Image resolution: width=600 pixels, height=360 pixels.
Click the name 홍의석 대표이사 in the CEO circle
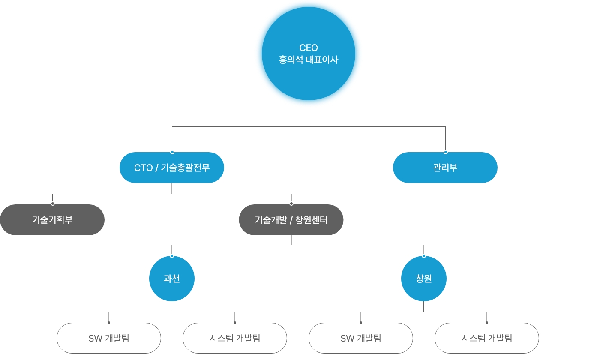(x=309, y=60)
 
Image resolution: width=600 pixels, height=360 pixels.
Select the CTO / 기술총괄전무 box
(x=172, y=168)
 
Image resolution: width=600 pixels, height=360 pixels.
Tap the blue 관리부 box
(x=445, y=168)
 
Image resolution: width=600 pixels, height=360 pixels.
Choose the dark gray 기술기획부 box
(x=52, y=220)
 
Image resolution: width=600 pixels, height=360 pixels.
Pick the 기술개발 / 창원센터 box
(x=291, y=220)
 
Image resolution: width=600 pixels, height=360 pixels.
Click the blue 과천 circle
(x=172, y=279)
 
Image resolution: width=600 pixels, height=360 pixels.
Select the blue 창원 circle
(x=424, y=279)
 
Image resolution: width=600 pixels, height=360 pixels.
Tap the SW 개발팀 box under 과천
(x=109, y=338)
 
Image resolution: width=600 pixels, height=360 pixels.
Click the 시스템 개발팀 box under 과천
(x=235, y=338)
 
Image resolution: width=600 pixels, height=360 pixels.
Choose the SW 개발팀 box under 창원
(x=361, y=338)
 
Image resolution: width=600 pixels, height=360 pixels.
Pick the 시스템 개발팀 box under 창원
(x=487, y=338)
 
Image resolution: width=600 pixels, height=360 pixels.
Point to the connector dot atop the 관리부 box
(x=445, y=152)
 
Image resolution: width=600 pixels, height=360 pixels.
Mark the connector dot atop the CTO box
(x=172, y=152)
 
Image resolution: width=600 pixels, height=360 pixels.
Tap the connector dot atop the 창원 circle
(x=424, y=256)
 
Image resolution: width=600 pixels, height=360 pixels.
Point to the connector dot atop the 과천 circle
(x=172, y=256)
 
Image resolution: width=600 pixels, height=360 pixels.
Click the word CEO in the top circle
(x=309, y=48)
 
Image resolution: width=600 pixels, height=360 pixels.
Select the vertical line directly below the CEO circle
(x=309, y=114)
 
